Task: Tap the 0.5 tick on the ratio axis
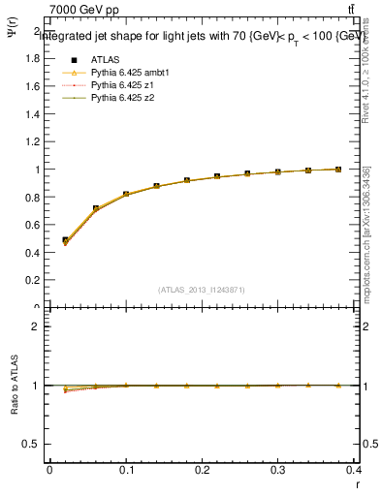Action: click(x=31, y=444)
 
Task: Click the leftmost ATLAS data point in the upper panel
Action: click(x=65, y=240)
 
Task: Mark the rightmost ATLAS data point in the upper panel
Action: click(x=338, y=170)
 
